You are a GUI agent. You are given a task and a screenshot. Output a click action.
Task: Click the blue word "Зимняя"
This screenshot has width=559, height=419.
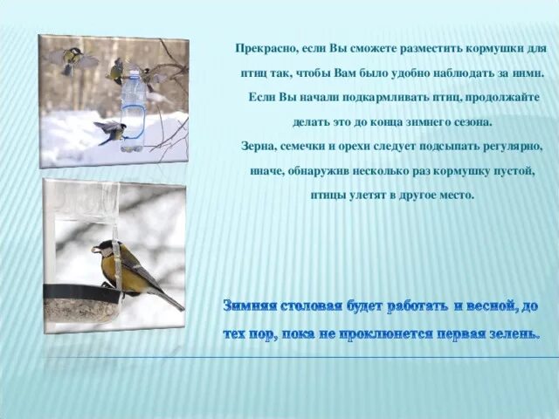click(x=252, y=306)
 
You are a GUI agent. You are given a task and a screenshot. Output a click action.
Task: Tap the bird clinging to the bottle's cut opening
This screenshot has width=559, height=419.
click(x=112, y=131)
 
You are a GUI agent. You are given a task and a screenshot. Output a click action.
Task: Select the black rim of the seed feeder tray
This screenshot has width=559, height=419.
click(x=83, y=292)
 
